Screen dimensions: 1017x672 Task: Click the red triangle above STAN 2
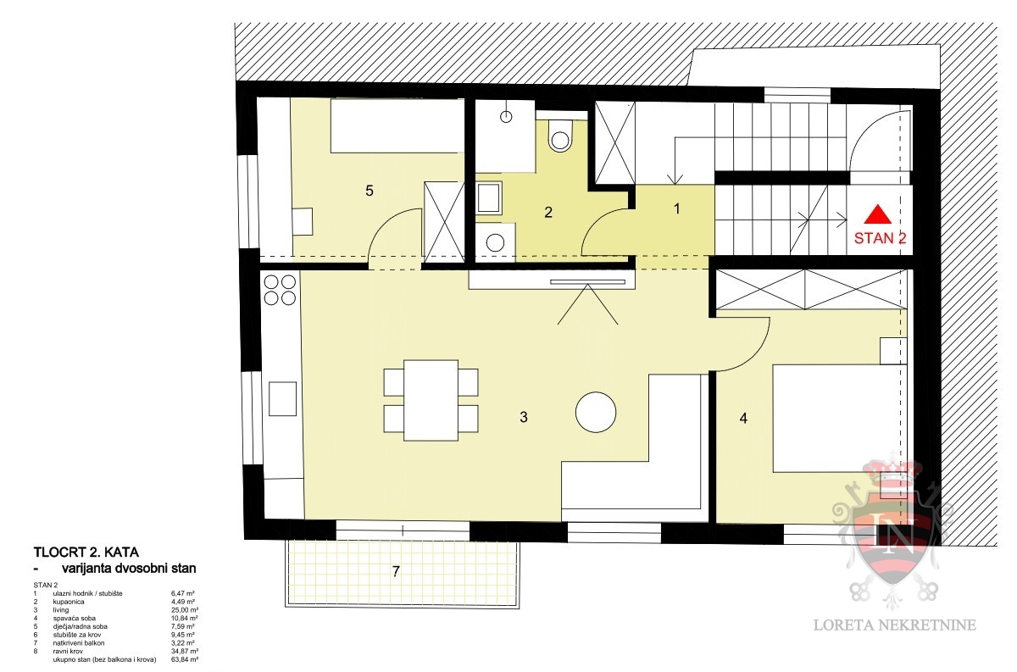[x=877, y=214]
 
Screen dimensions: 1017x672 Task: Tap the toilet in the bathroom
[x=560, y=136]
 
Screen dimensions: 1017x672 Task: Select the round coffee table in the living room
[x=596, y=413]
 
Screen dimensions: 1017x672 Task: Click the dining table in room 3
[x=431, y=400]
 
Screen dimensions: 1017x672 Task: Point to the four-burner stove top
[x=280, y=290]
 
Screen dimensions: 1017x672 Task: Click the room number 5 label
[x=370, y=191]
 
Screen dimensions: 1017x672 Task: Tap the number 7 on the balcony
[x=396, y=571]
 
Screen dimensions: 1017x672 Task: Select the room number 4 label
[x=743, y=418]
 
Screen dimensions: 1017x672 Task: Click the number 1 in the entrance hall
[x=677, y=208]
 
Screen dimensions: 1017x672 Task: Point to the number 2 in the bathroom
[x=548, y=212]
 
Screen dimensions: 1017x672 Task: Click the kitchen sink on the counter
[x=282, y=398]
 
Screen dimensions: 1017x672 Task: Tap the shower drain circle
[x=506, y=117]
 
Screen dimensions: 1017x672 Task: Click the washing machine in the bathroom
[x=495, y=242]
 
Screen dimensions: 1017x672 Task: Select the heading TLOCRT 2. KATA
[x=86, y=553]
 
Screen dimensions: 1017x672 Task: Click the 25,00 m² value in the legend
[x=185, y=610]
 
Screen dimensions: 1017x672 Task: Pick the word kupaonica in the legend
[x=69, y=602]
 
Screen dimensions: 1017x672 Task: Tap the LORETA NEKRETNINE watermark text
[x=894, y=625]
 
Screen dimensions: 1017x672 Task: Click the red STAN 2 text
[x=880, y=238]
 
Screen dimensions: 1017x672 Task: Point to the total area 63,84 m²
[x=185, y=659]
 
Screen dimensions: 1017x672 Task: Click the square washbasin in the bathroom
[x=489, y=198]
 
